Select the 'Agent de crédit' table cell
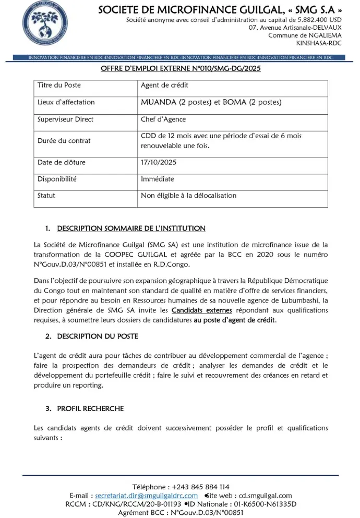point(164,85)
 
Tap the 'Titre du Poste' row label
point(59,85)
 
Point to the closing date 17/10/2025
point(159,162)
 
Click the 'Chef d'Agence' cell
point(163,119)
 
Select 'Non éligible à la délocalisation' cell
point(188,196)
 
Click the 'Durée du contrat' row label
point(64,141)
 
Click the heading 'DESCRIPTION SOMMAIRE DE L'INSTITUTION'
point(131,228)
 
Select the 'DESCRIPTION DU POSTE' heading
point(98,336)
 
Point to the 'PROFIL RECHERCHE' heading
point(90,408)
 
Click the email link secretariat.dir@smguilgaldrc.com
point(146,496)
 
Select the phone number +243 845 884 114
point(197,487)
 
